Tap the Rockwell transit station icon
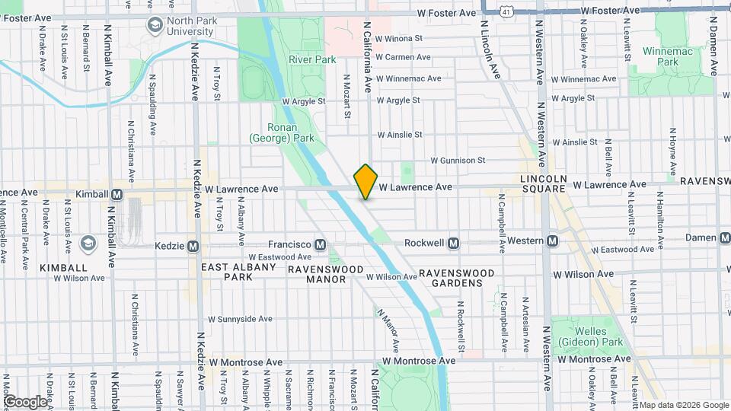coord(453,243)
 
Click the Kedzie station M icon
coord(193,246)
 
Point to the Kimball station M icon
coord(117,194)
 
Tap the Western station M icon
coord(553,241)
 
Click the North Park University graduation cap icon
coord(155,25)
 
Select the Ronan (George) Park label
coord(281,132)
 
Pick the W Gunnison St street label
coord(457,161)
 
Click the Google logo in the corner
coord(25,401)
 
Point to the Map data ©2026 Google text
coord(683,405)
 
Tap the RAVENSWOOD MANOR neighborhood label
coord(317,274)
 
